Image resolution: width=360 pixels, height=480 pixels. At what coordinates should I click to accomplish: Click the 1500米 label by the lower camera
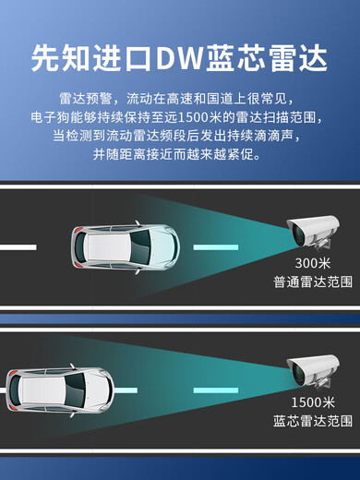click(x=313, y=402)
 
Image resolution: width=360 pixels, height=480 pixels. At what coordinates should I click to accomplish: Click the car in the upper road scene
click(x=125, y=246)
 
